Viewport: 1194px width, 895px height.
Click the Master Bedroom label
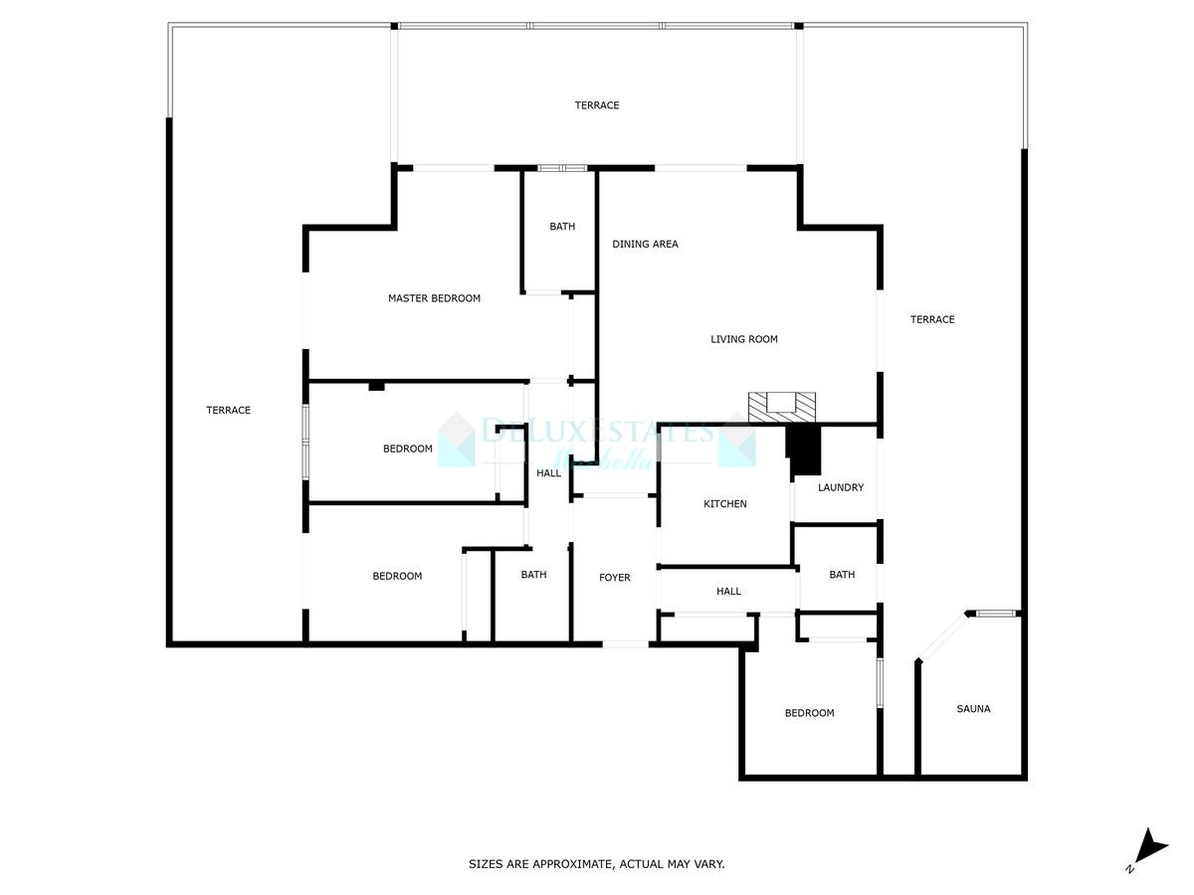coord(434,298)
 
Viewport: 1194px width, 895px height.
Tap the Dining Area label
coord(645,244)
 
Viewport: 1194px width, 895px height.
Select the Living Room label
coord(743,339)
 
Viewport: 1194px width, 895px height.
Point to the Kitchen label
coord(724,504)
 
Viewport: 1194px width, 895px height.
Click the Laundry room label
coord(841,487)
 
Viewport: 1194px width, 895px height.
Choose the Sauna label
coord(973,709)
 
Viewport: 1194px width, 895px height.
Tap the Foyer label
coord(614,578)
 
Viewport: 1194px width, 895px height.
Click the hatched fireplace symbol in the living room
coord(781,405)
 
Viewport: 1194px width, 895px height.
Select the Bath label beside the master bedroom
coord(562,227)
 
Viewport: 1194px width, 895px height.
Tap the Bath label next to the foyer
coord(533,575)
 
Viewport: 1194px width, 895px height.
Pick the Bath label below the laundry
coord(842,575)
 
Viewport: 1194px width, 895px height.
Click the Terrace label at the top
coord(597,105)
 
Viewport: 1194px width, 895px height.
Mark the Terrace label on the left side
coord(228,410)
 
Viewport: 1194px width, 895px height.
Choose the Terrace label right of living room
coord(932,319)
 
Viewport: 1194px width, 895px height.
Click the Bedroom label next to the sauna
coord(809,713)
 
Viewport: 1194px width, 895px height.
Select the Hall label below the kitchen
coord(728,592)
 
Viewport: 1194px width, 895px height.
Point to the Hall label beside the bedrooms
coord(548,473)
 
